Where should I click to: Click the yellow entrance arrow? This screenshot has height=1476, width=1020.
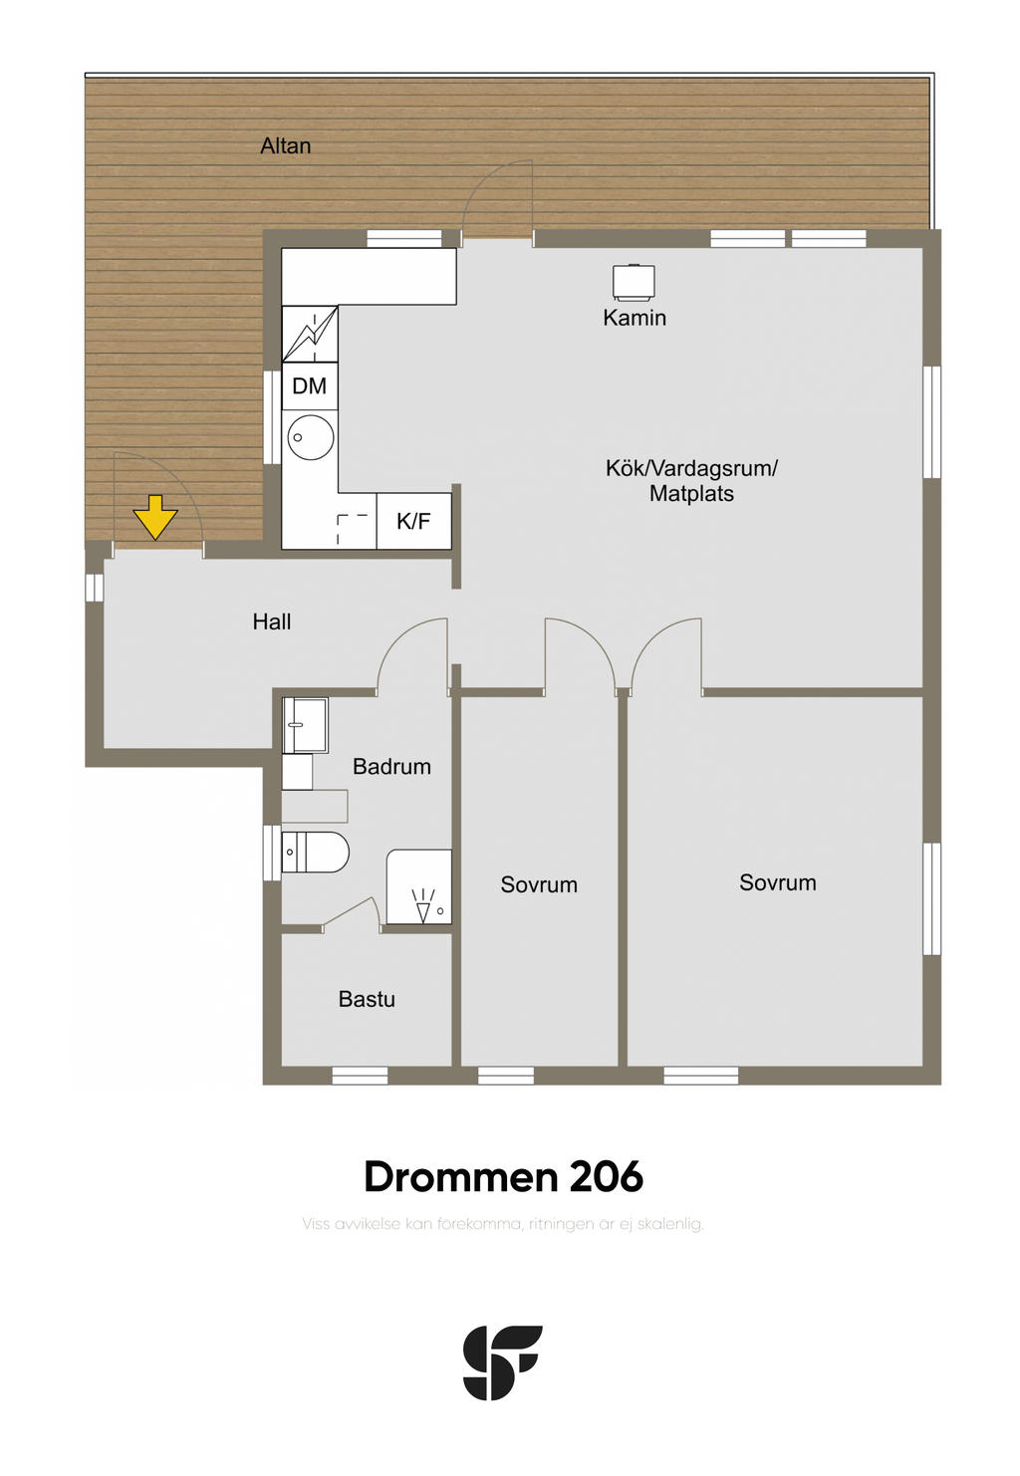[154, 517]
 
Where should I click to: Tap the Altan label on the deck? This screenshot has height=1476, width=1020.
[285, 145]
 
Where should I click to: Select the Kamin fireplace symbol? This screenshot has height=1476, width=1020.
[634, 282]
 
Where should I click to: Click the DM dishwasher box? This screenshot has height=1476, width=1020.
[310, 386]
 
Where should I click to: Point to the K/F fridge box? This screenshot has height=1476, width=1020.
[413, 521]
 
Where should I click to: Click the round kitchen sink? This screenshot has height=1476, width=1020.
[311, 437]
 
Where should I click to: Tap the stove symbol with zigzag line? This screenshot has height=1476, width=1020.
[310, 334]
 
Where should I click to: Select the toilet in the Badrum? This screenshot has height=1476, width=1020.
[315, 852]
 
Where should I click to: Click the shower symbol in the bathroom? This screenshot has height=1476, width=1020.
[419, 886]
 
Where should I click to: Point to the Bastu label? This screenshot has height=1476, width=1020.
[367, 1000]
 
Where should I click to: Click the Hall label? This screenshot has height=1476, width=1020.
[272, 621]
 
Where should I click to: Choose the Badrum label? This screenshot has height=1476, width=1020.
[392, 766]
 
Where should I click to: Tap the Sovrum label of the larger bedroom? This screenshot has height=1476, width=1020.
[778, 883]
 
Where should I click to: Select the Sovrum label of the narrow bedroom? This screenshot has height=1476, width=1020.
[539, 885]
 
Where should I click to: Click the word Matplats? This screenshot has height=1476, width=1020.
[692, 494]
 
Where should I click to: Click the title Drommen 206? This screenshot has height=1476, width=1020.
[503, 1177]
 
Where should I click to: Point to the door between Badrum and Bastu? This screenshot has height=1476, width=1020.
[351, 912]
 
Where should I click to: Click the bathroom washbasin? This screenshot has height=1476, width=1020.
[305, 725]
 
